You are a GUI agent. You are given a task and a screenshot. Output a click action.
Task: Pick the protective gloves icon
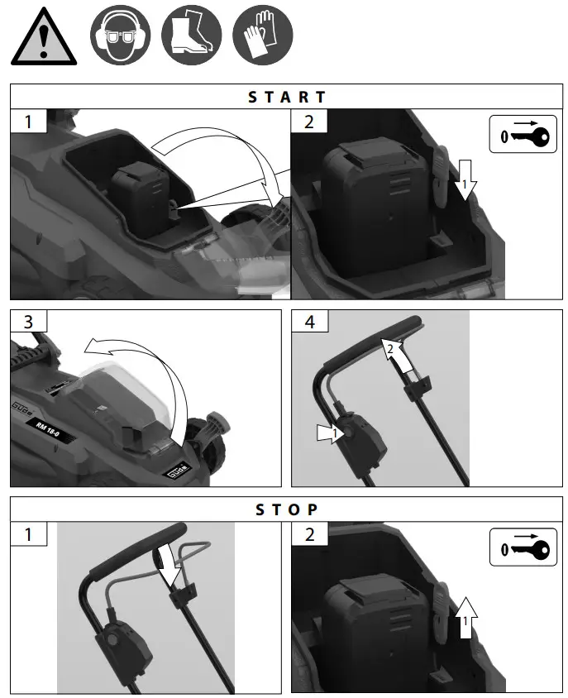click(262, 36)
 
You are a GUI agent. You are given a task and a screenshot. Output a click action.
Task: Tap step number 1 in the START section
click(29, 122)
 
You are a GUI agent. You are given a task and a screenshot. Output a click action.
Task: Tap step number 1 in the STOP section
click(29, 533)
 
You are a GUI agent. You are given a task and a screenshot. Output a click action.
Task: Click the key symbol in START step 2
click(523, 136)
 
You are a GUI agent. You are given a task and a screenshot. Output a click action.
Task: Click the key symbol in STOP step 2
click(523, 547)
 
